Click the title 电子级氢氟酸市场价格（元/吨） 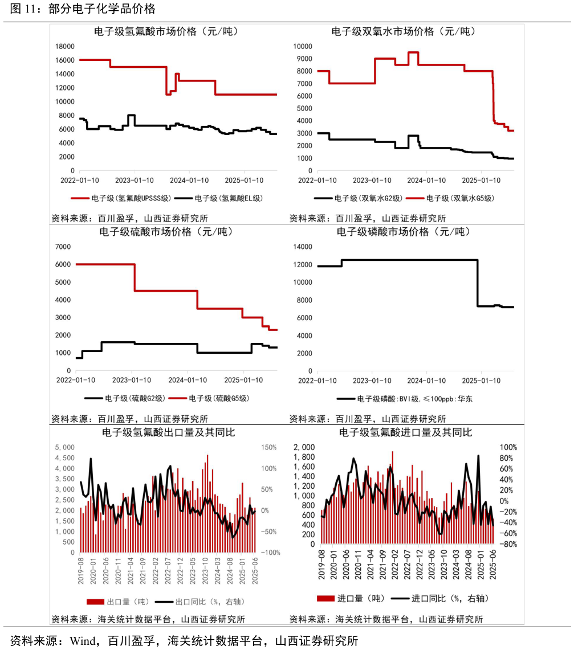pyautogui.click(x=166, y=32)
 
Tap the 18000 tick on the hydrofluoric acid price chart pyautogui.click(x=64, y=46)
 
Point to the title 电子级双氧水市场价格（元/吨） pyautogui.click(x=404, y=32)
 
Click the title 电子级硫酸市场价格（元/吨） pyautogui.click(x=166, y=232)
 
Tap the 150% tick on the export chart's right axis pyautogui.click(x=270, y=447)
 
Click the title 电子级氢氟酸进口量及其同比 pyautogui.click(x=405, y=433)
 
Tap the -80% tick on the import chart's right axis pyautogui.click(x=508, y=544)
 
